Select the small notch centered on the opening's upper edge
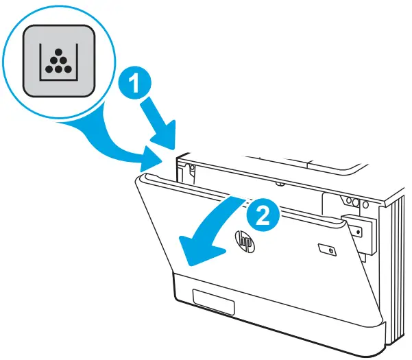(280, 184)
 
